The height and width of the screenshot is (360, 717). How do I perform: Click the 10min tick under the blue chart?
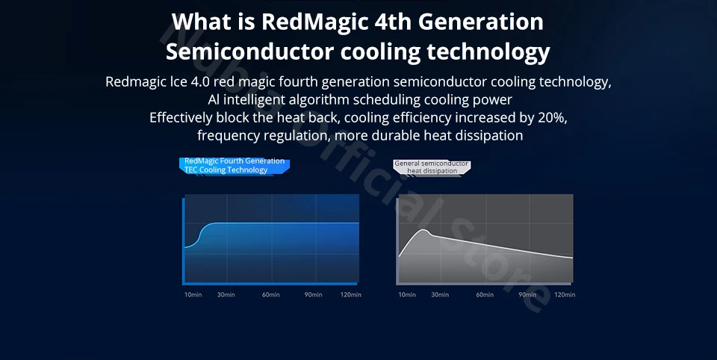click(x=193, y=294)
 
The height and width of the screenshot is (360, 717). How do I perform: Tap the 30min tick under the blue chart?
click(x=226, y=294)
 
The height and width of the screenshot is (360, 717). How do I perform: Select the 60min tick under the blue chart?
click(x=270, y=294)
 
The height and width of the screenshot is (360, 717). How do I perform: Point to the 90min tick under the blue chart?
click(x=313, y=294)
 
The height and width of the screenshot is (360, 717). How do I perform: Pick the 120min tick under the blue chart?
click(x=351, y=294)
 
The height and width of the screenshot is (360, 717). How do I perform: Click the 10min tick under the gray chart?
click(x=407, y=294)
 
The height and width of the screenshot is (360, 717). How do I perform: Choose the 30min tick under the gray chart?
click(x=440, y=294)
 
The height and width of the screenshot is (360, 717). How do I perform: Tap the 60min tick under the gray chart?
click(x=485, y=294)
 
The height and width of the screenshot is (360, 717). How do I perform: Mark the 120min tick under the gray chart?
click(x=565, y=294)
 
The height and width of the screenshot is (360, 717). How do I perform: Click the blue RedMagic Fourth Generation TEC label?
click(x=234, y=166)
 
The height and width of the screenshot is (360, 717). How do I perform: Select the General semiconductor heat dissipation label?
click(x=432, y=167)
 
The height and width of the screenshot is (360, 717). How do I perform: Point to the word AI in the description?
click(x=213, y=100)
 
